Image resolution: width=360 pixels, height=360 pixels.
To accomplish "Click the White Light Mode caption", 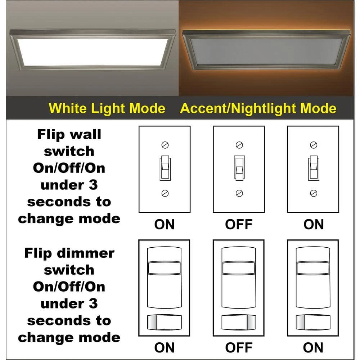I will pyautogui.click(x=107, y=108).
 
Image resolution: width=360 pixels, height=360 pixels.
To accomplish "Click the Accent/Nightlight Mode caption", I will pyautogui.click(x=258, y=108).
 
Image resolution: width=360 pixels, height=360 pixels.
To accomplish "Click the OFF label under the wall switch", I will pyautogui.click(x=239, y=224).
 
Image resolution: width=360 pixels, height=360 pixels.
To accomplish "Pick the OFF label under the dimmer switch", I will pyautogui.click(x=239, y=348).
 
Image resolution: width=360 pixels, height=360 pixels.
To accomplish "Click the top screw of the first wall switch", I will pyautogui.click(x=165, y=145).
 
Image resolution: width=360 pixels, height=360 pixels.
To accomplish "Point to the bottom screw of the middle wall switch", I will pyautogui.click(x=239, y=193).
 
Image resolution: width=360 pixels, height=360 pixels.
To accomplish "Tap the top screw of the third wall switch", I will pyautogui.click(x=313, y=145).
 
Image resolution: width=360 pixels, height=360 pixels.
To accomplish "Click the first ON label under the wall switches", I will pyautogui.click(x=165, y=224).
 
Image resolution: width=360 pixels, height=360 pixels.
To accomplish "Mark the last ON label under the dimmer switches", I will pyautogui.click(x=313, y=348).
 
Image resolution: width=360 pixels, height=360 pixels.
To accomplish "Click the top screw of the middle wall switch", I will pyautogui.click(x=239, y=145).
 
